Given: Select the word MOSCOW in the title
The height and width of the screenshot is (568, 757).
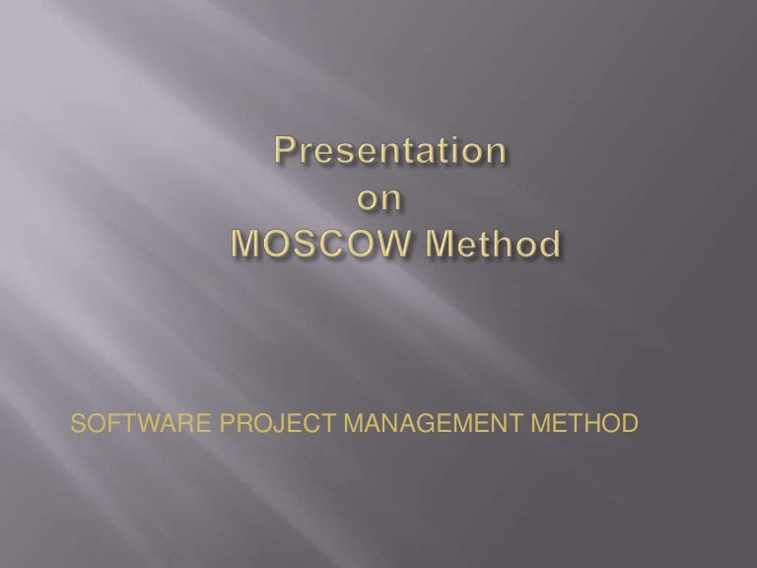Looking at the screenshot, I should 318,242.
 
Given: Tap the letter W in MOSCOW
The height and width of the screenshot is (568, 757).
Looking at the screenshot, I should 390,242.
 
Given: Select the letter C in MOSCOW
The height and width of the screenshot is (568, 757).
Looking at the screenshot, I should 330,242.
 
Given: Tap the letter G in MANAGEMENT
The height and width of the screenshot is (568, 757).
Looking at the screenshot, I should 427,425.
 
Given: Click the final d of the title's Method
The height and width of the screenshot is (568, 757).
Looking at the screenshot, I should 555,242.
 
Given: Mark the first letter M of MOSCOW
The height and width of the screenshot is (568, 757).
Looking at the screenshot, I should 245,242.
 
